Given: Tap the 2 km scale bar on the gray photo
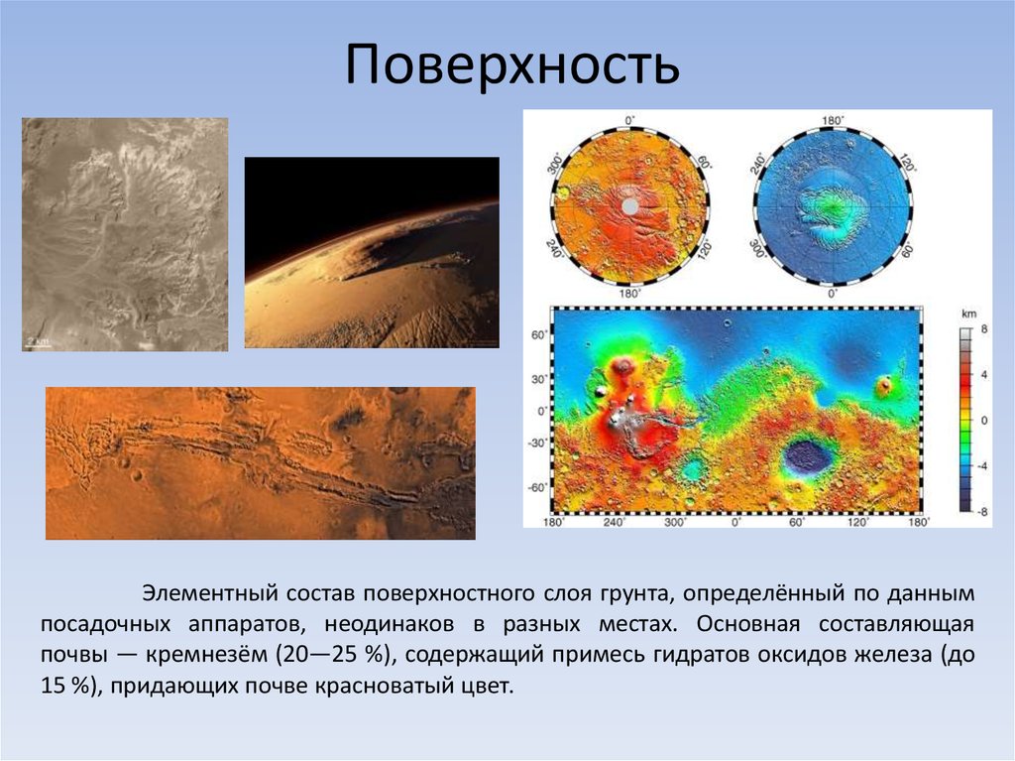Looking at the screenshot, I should (37, 341).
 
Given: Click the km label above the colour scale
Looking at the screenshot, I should (968, 313).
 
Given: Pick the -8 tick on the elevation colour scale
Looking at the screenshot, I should (982, 510).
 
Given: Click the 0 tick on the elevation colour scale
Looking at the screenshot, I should (984, 422).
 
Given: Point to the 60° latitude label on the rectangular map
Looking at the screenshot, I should (538, 336).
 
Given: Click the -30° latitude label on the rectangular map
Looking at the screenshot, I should (537, 444).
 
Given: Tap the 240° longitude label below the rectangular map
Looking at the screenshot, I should (614, 522).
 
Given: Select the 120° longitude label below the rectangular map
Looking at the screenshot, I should (859, 522).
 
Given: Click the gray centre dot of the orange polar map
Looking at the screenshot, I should (628, 205).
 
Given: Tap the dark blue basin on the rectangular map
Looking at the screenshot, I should (806, 455).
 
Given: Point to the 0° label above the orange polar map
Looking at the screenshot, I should (628, 120).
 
